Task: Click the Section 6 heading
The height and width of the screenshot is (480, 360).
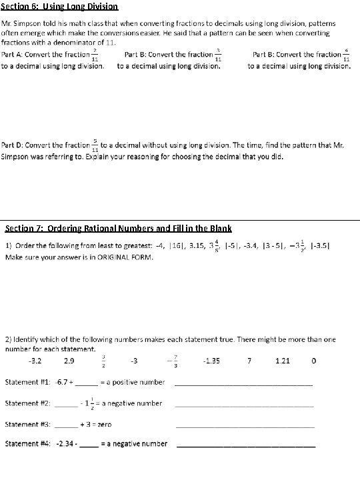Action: [60, 7]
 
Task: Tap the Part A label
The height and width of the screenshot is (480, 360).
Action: [14, 55]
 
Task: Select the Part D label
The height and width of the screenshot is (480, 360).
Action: [14, 145]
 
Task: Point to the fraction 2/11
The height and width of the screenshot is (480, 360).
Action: [95, 55]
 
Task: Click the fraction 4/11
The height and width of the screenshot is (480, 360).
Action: [345, 55]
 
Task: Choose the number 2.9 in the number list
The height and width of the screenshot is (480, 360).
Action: [69, 361]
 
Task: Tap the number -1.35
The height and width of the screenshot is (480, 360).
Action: [211, 361]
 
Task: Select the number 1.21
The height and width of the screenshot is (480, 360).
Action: [283, 361]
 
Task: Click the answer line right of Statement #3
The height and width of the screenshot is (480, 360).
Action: [245, 427]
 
